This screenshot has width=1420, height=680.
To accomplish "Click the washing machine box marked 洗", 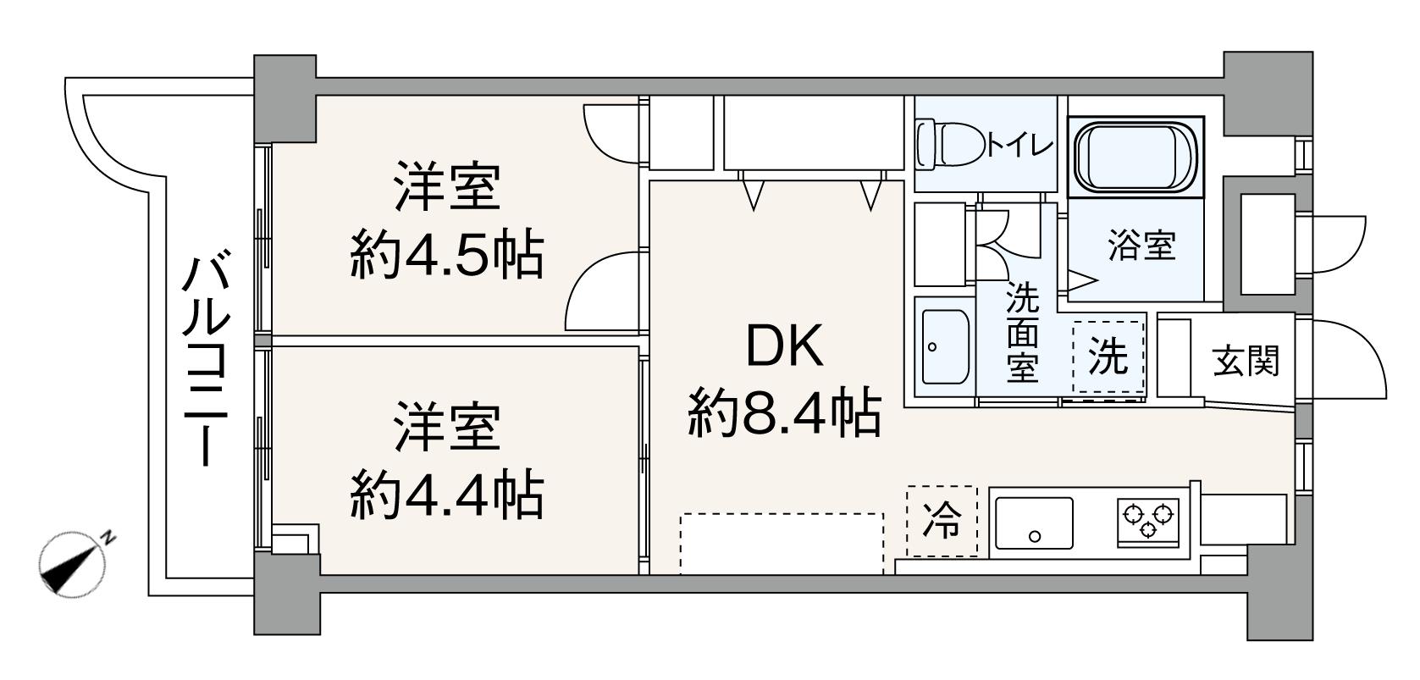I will tap(1108, 357).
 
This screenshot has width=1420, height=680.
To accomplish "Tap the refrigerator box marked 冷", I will tap(942, 521).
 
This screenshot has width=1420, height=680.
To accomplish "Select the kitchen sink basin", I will tap(1033, 522).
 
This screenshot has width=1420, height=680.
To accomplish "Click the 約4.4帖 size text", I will tap(446, 495).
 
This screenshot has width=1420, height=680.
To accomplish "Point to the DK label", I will tap(784, 347).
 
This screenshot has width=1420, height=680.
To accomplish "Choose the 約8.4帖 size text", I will tap(784, 412).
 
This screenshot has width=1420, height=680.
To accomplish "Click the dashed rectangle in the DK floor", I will tap(781, 543).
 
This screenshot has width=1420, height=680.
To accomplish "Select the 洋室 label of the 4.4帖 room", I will tap(446, 428).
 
